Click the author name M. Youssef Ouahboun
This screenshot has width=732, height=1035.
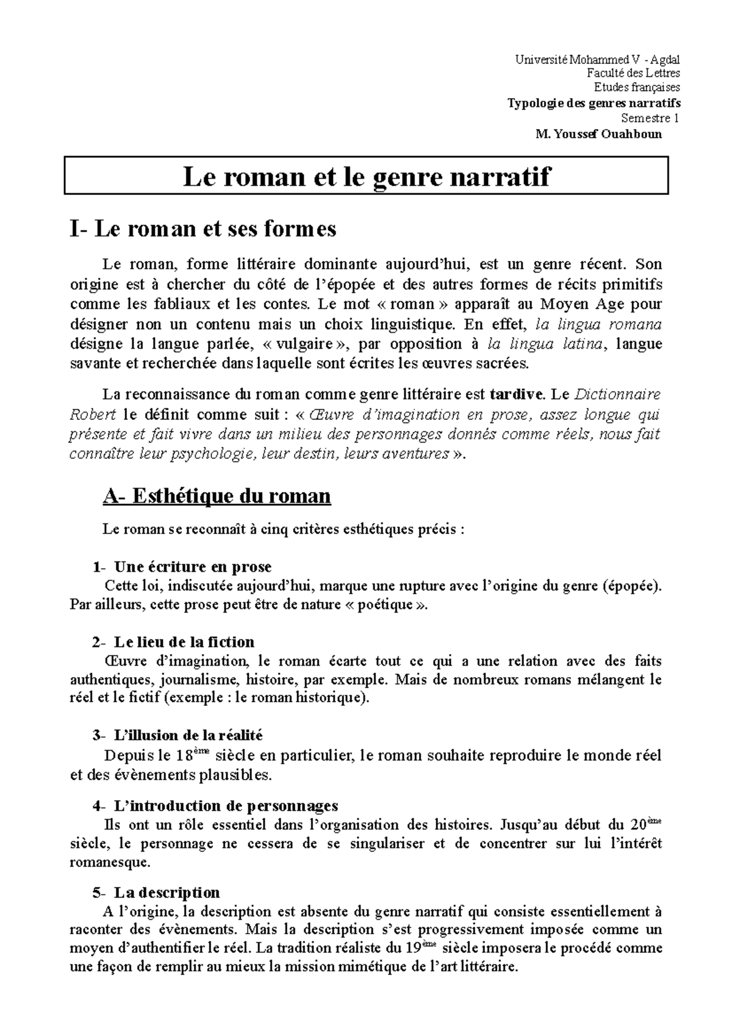598,134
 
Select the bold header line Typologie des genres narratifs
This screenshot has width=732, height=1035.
594,104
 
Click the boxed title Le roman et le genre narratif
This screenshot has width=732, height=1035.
366,176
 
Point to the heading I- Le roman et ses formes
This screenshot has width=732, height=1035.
203,229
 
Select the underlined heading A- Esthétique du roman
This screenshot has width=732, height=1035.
217,497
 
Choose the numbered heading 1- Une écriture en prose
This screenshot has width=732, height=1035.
182,567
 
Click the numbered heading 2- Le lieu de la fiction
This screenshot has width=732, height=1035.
174,642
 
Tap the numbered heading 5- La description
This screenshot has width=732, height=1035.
156,893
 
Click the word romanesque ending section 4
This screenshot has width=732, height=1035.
109,863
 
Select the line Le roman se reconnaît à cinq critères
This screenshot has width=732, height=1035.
284,530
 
